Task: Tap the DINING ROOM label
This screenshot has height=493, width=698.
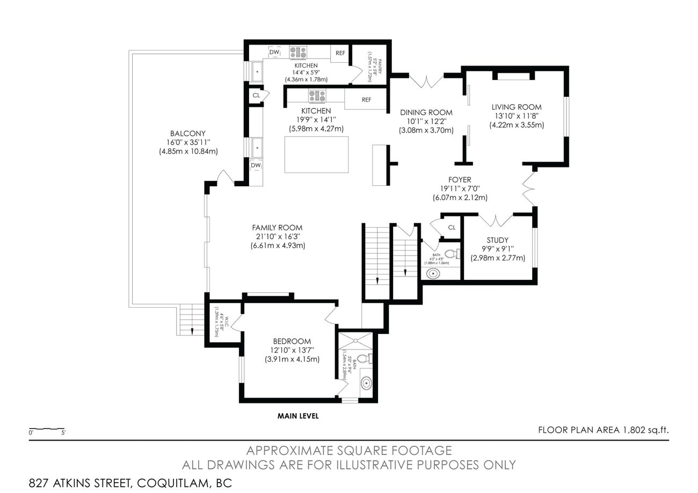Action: click(426, 112)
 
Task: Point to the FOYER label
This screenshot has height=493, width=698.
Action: click(460, 179)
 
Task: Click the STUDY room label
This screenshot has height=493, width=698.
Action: click(498, 240)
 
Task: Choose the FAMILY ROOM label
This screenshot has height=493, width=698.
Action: click(277, 228)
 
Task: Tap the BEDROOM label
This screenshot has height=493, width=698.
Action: click(292, 341)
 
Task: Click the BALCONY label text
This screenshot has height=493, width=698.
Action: click(187, 134)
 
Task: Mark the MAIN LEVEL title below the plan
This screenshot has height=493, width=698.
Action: click(298, 416)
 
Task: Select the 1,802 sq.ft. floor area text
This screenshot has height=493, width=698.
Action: click(604, 430)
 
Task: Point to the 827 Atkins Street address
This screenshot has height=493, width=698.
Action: click(130, 482)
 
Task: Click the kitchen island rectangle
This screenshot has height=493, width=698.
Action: click(316, 155)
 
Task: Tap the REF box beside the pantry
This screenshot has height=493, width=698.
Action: click(340, 53)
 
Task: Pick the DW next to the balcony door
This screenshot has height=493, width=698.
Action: click(256, 165)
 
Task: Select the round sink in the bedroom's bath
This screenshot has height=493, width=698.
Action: click(366, 383)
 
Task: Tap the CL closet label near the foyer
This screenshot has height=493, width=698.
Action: click(452, 228)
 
